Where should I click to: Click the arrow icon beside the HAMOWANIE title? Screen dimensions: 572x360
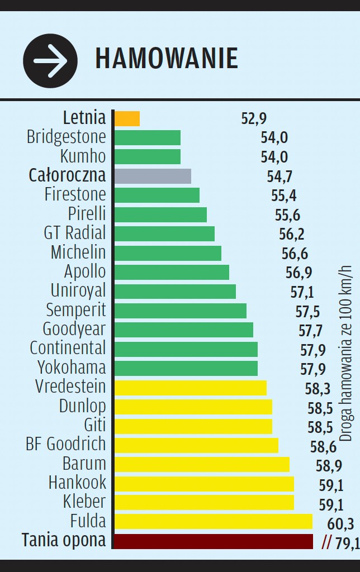(x=50, y=60)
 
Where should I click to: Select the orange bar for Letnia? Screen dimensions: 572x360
(x=127, y=118)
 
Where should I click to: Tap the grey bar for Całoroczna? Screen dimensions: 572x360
(x=153, y=176)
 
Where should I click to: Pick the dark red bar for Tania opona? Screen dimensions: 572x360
(x=213, y=541)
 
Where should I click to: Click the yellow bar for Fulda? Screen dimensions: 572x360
(x=213, y=522)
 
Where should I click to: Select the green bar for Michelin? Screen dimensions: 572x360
(x=168, y=253)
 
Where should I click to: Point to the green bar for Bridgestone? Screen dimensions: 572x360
(x=148, y=137)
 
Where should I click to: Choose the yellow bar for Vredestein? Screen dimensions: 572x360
(x=190, y=388)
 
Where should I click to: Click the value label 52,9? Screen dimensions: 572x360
(x=254, y=118)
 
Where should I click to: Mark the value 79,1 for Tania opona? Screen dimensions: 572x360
(x=347, y=543)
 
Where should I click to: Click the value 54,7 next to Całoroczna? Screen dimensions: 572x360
(x=280, y=177)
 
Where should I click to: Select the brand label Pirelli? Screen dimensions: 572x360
(x=87, y=214)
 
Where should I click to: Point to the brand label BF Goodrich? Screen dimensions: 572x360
(x=65, y=444)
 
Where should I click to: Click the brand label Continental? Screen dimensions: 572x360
(x=68, y=348)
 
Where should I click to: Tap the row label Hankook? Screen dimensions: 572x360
(x=77, y=483)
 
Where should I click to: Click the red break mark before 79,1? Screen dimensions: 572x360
(x=327, y=542)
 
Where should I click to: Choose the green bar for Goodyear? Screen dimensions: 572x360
(x=183, y=330)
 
